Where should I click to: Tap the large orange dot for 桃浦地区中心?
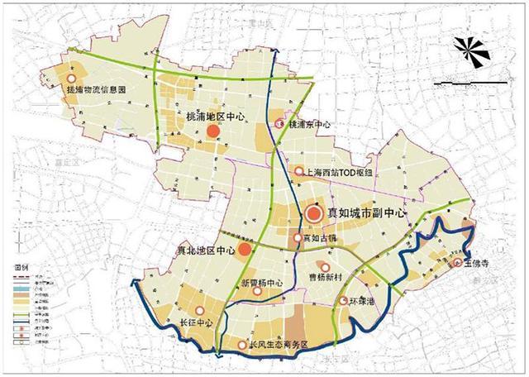[x=213, y=131]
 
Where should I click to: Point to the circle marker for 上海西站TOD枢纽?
[x=298, y=171]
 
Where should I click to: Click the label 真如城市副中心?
[x=368, y=212]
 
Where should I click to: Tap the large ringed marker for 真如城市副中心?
[x=314, y=213]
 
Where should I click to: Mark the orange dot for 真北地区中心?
[x=245, y=249]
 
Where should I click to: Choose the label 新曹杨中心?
[x=262, y=284]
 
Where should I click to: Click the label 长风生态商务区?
[x=278, y=346]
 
